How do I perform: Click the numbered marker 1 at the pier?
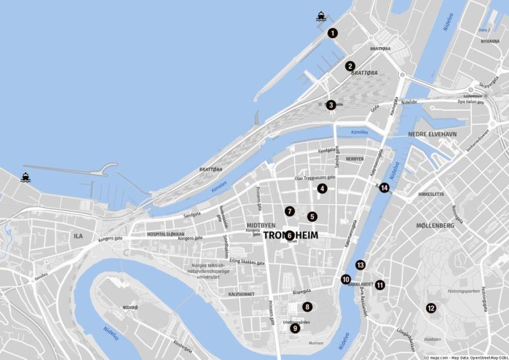click(x=332, y=34)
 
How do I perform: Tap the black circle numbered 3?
click(x=331, y=105)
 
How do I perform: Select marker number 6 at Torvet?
click(x=289, y=235)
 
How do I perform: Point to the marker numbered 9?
click(x=295, y=328)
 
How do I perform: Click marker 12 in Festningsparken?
click(x=431, y=308)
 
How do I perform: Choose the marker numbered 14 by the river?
click(x=384, y=188)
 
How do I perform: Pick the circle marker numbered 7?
click(x=289, y=211)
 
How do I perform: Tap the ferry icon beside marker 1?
click(x=321, y=18)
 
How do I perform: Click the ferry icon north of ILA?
click(x=26, y=177)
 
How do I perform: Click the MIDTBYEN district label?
click(x=260, y=226)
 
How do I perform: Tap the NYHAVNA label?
click(x=490, y=41)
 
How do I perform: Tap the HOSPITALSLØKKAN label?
click(x=165, y=234)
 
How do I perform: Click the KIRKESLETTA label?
click(x=431, y=195)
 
